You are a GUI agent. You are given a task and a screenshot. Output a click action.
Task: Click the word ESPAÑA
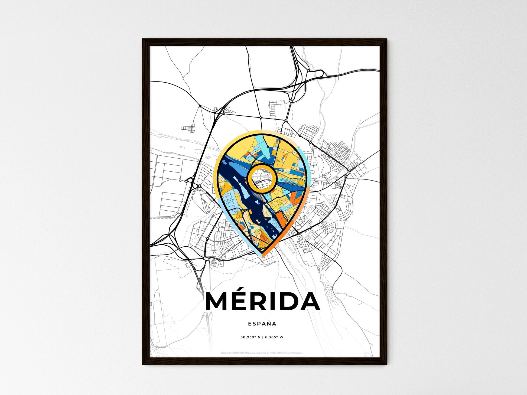tap(262, 324)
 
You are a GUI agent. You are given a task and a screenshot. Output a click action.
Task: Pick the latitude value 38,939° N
tap(251, 337)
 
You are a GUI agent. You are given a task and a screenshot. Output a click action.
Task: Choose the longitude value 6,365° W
tap(274, 337)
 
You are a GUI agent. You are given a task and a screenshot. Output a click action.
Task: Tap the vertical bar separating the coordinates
tap(262, 337)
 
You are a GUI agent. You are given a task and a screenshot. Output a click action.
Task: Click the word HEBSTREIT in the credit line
tap(238, 353)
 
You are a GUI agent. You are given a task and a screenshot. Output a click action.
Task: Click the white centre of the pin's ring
tap(262, 178)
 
